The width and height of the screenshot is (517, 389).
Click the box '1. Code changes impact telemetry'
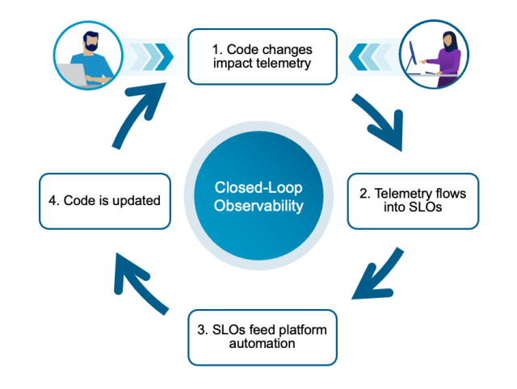[x=262, y=56]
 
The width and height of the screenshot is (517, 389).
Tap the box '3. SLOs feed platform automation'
[x=262, y=337]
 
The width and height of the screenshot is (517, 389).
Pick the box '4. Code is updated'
[x=105, y=200]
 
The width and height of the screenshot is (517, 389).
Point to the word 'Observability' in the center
[x=258, y=207]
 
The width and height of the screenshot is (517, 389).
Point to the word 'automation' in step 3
[x=262, y=344]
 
